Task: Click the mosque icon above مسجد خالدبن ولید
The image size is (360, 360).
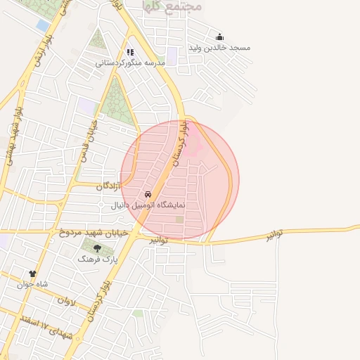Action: click(219, 37)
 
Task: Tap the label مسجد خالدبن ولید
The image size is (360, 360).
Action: click(219, 48)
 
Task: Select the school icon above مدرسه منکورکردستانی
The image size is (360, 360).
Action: click(130, 52)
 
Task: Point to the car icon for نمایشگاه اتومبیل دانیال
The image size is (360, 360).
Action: click(148, 195)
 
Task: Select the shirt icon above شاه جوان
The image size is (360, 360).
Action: click(32, 273)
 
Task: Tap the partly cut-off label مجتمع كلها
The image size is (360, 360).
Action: click(172, 6)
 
